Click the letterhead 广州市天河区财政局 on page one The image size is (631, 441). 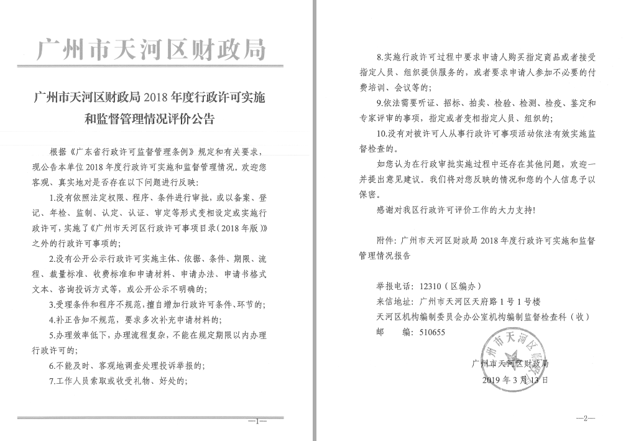151,49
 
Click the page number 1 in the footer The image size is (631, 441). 257,421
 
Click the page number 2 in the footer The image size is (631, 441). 584,418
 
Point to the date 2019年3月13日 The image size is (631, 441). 515,379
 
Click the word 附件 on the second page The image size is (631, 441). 385,239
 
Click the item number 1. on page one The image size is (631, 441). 53,198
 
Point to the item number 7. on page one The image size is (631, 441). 53,381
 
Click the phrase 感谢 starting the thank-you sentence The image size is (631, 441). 385,210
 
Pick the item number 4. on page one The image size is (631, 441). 53,320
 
